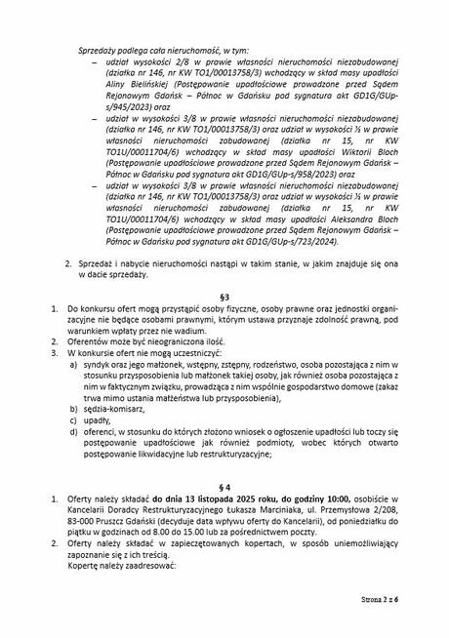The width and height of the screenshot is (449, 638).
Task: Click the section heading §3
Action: coord(224,294)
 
